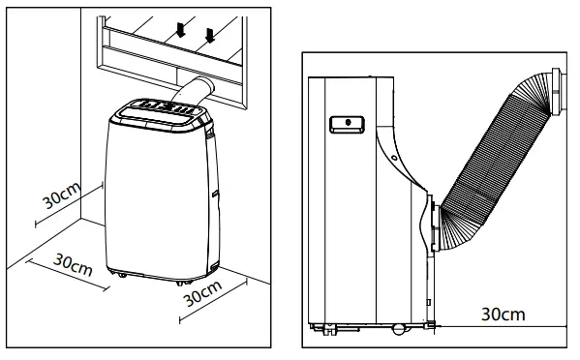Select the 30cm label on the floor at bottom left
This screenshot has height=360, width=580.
73,263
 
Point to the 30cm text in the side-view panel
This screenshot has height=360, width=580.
503,314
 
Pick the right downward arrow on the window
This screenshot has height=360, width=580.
209,38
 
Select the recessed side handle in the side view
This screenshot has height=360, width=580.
344,123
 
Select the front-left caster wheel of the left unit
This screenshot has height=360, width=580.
123,281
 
